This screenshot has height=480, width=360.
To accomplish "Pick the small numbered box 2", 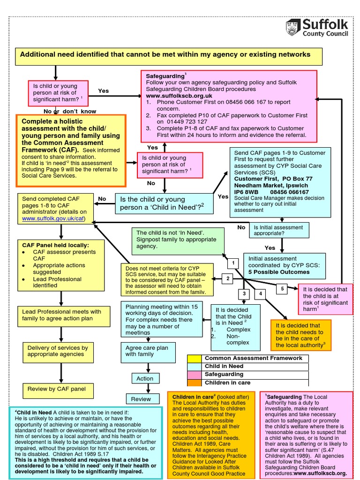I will pyautogui.click(x=228, y=279).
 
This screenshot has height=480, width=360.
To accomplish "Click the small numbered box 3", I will pyautogui.click(x=244, y=294).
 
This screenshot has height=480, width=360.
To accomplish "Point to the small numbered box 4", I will pyautogui.click(x=261, y=294).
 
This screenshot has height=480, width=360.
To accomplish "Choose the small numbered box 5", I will pyautogui.click(x=282, y=289).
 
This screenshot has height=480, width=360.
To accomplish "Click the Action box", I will pyautogui.click(x=145, y=378).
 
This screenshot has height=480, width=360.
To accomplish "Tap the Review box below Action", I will pyautogui.click(x=141, y=399).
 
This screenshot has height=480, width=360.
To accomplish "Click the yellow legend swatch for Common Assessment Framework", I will pyautogui.click(x=194, y=359).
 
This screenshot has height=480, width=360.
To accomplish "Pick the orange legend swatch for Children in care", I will pyautogui.click(x=194, y=382).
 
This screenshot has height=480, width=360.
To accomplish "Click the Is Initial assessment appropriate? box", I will pyautogui.click(x=278, y=230).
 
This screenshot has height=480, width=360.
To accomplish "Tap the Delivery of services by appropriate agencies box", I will pyautogui.click(x=58, y=351).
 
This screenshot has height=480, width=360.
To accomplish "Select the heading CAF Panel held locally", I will pyautogui.click(x=56, y=245).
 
